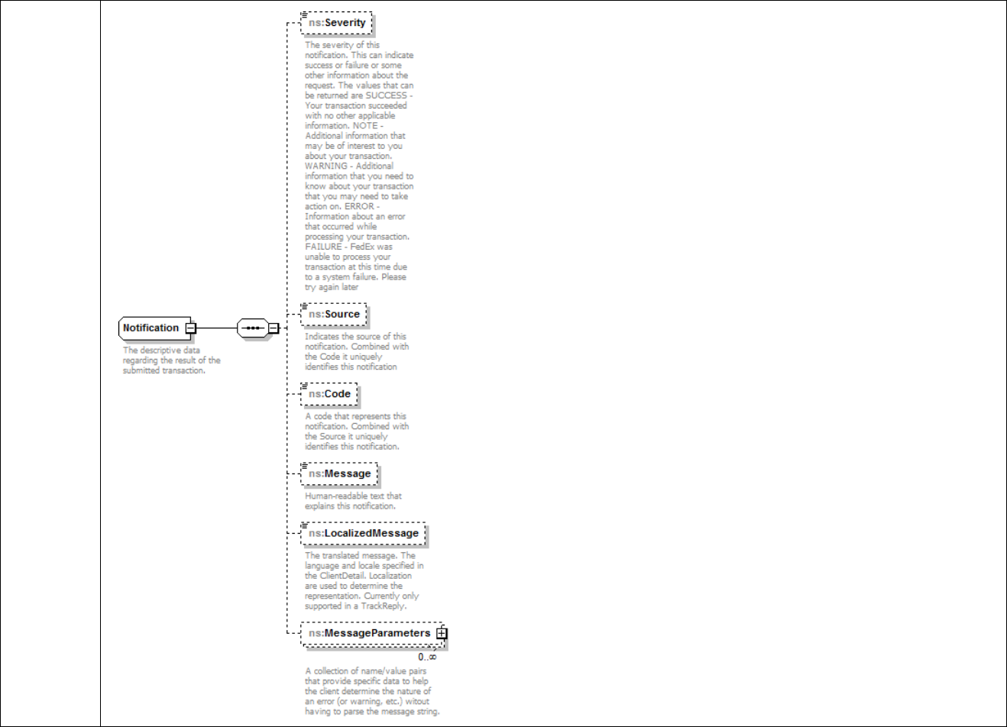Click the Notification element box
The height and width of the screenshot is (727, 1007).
[x=151, y=328]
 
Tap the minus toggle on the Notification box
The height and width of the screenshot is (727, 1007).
[x=191, y=328]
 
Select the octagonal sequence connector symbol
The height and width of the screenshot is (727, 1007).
[x=253, y=328]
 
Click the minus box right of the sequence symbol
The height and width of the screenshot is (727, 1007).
[x=273, y=328]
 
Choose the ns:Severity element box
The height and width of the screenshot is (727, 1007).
[x=337, y=23]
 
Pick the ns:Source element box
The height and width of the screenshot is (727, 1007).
[x=334, y=314]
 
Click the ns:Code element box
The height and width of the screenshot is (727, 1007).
[x=329, y=394]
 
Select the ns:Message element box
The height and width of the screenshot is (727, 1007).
[x=339, y=473]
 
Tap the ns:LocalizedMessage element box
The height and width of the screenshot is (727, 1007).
[x=363, y=533]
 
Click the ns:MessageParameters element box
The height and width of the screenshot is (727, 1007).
[x=369, y=633]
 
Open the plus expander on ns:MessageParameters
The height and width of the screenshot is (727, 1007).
[x=442, y=633]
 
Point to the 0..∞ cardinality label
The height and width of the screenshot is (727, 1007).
[x=427, y=657]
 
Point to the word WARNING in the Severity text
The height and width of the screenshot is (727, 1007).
[x=327, y=166]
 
